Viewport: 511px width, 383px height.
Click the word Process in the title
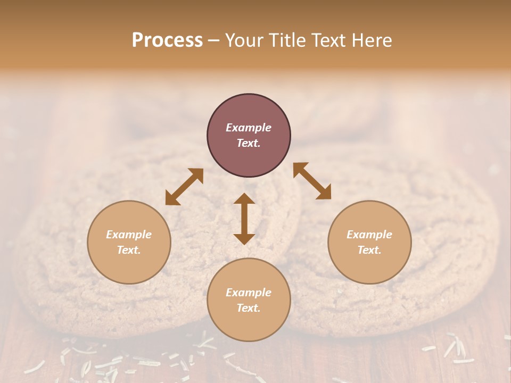pyautogui.click(x=167, y=40)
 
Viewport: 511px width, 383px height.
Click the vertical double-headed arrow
pyautogui.click(x=244, y=219)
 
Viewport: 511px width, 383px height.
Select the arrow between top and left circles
pyautogui.click(x=184, y=187)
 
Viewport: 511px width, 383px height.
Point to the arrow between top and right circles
pyautogui.click(x=312, y=181)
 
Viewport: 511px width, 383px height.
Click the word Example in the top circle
pyautogui.click(x=249, y=128)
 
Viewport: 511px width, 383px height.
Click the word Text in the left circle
pyautogui.click(x=129, y=250)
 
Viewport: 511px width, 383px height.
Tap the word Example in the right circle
pyautogui.click(x=369, y=235)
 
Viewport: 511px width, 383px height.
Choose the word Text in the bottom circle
pyautogui.click(x=249, y=308)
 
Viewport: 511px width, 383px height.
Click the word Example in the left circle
pyautogui.click(x=129, y=235)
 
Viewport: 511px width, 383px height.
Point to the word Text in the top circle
pyautogui.click(x=249, y=143)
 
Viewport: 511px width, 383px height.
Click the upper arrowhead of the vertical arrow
pyautogui.click(x=244, y=199)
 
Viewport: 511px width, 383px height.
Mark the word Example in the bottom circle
pyautogui.click(x=249, y=293)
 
